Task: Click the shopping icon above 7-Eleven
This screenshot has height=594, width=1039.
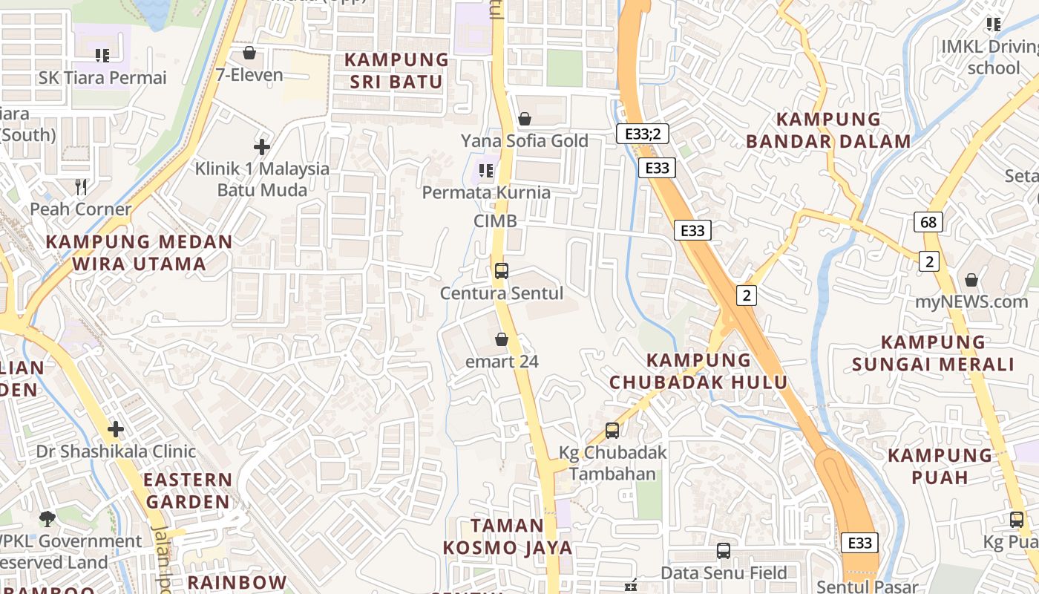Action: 249,53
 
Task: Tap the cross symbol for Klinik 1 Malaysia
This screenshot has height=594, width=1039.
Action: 262,146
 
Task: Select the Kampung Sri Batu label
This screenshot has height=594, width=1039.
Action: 396,71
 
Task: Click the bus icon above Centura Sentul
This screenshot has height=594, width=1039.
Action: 502,271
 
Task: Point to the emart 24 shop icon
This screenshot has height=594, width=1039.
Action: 502,340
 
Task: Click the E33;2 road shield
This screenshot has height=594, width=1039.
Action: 643,134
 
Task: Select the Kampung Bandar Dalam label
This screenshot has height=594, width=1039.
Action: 828,130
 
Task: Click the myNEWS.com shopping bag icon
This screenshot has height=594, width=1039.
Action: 971,280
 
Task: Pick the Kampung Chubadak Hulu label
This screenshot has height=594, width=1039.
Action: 698,371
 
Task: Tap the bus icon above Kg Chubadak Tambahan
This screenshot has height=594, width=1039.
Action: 612,430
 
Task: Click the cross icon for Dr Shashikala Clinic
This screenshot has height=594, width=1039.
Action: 115,428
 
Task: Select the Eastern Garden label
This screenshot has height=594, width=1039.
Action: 187,490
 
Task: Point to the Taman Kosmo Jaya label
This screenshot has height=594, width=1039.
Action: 508,537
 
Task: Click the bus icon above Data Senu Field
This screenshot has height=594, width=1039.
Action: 724,551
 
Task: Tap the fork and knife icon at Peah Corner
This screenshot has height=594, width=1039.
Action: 81,186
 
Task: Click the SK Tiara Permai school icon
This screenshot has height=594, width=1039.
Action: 102,55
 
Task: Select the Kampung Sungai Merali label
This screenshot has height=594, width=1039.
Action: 933,353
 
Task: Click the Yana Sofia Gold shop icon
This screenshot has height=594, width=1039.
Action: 525,119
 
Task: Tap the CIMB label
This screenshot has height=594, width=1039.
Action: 495,221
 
